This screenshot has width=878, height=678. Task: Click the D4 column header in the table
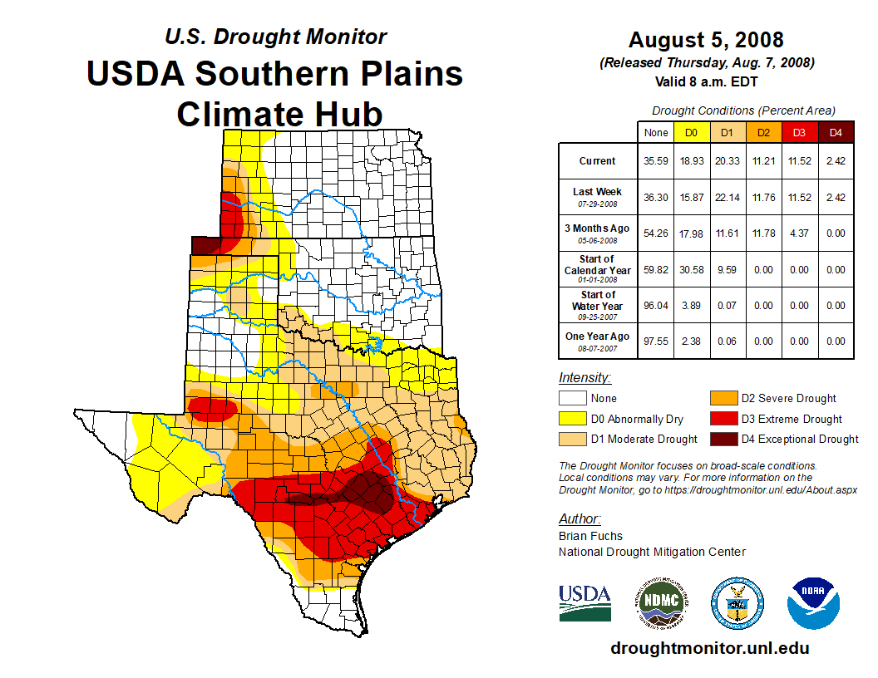(x=836, y=132)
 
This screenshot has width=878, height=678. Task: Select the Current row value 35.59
(x=656, y=161)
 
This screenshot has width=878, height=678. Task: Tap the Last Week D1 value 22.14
(x=728, y=197)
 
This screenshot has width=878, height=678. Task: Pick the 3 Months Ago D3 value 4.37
(x=799, y=233)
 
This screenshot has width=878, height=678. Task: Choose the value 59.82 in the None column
(x=656, y=270)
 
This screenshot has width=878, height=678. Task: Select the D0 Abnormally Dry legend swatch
(x=571, y=419)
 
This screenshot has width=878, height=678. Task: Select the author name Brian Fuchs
(x=590, y=536)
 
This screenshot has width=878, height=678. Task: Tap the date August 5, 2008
(x=706, y=40)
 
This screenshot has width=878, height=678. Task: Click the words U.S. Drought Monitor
(x=275, y=37)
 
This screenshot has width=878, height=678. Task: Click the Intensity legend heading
(x=585, y=378)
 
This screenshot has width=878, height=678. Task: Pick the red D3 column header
(x=799, y=132)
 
